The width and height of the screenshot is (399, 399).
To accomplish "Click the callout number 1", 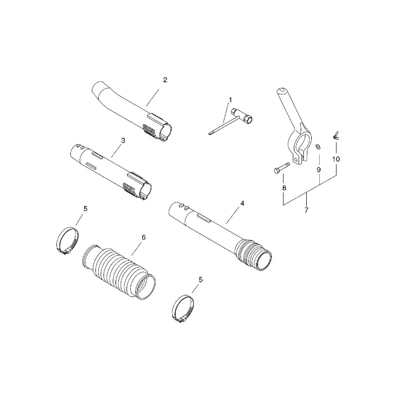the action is point(230,100).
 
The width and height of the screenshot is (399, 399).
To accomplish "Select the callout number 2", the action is point(165,80).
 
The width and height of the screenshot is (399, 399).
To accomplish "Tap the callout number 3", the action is point(123,141).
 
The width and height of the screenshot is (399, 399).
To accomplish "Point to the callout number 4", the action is point(242,203).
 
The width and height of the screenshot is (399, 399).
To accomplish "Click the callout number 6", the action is point(144,237).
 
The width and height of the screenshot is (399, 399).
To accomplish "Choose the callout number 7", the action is point(306,210).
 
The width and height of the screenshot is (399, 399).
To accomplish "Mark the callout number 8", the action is point(284,188).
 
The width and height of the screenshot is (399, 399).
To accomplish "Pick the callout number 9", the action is point(319,170).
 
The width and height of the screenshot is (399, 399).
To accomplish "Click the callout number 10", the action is point(336,159).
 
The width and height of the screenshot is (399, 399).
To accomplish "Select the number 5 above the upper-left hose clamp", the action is point(85,208).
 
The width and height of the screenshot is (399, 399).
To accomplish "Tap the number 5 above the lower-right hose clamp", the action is point(200,280).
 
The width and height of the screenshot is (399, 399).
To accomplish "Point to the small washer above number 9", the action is point(318,147).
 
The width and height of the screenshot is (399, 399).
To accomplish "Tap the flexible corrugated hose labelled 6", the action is point(119,271).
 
